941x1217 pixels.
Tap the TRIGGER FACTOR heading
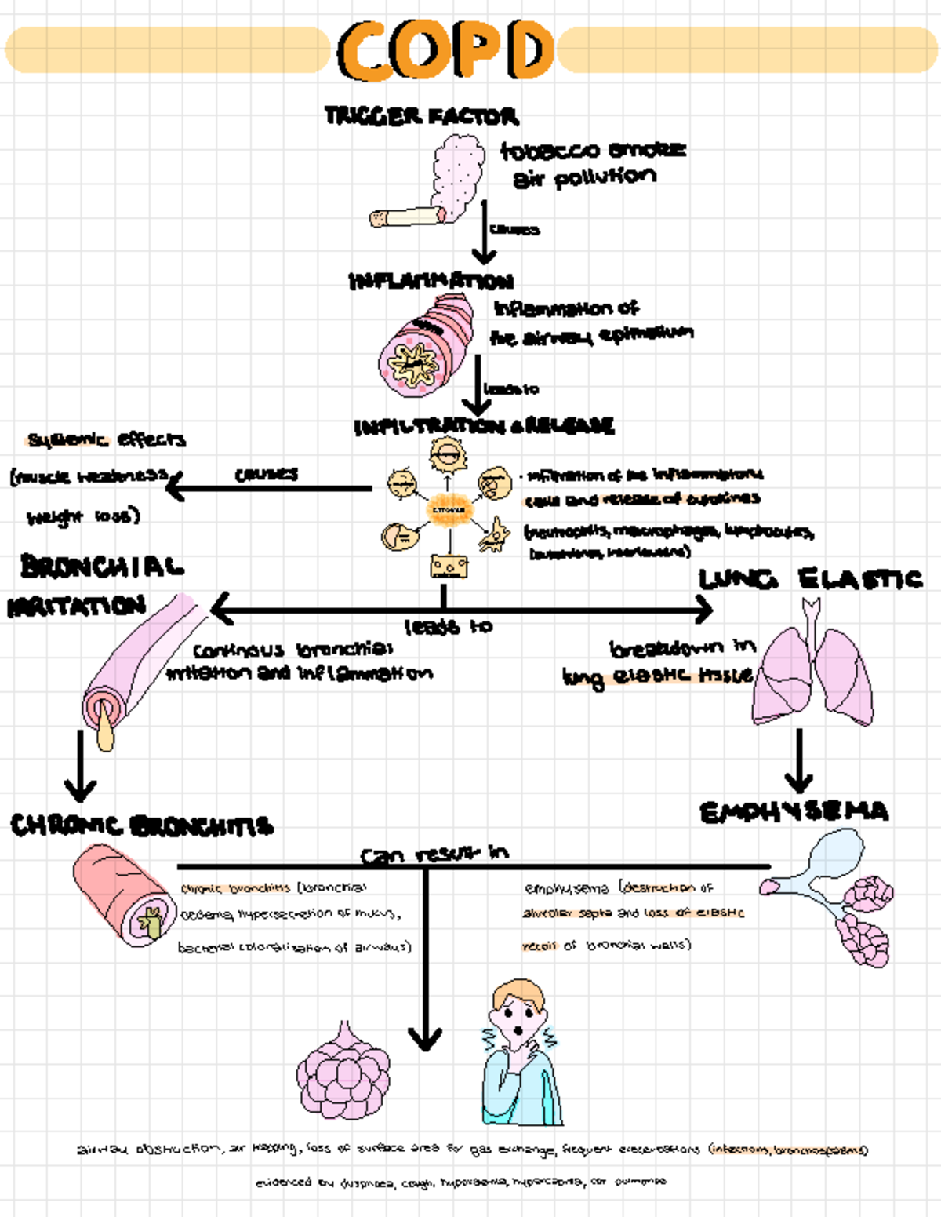421,116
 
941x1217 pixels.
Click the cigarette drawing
406,216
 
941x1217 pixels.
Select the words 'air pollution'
584,178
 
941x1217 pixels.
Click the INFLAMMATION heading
431,281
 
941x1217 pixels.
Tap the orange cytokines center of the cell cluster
449,510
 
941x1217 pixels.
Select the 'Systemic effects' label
107,439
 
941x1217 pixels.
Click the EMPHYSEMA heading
794,812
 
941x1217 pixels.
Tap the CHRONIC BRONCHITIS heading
141,825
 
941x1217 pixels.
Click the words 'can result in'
434,854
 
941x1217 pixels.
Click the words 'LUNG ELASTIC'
810,579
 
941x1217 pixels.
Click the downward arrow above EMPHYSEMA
798,761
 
